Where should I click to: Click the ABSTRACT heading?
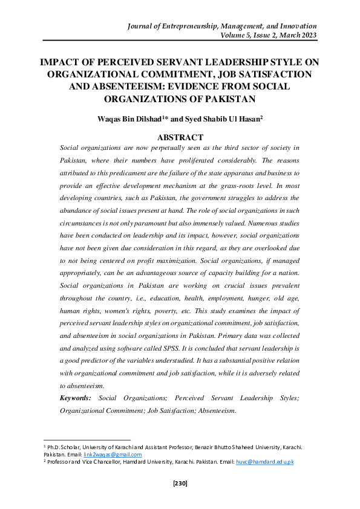coord(180,137)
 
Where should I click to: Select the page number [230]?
coord(180,484)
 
